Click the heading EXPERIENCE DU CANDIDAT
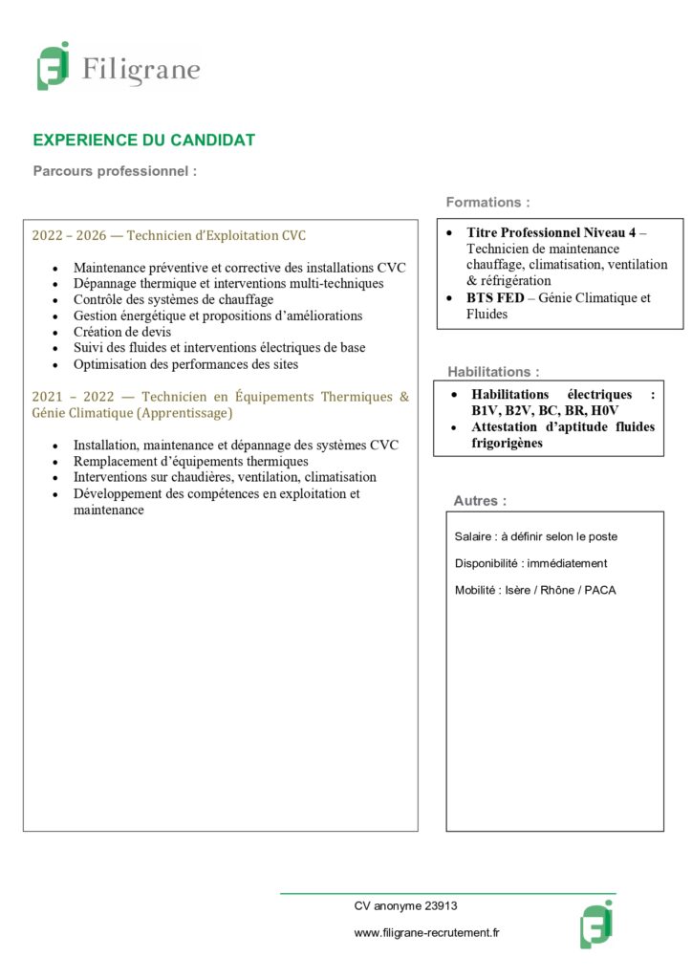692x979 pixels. click(x=144, y=141)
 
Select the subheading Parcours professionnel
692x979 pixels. click(x=115, y=172)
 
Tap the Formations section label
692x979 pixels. click(x=487, y=203)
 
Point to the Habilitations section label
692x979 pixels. click(x=493, y=371)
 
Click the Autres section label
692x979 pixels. click(x=480, y=501)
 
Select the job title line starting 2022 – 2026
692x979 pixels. click(x=169, y=235)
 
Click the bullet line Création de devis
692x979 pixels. click(x=122, y=332)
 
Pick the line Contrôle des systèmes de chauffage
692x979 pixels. click(x=173, y=299)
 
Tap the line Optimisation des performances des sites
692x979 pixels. click(x=185, y=364)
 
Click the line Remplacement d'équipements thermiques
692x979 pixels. click(x=191, y=462)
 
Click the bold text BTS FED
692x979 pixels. click(x=495, y=298)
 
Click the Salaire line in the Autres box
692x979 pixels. click(x=536, y=536)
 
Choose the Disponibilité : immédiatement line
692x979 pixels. click(x=530, y=563)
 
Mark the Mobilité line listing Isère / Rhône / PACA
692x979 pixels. click(x=535, y=590)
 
